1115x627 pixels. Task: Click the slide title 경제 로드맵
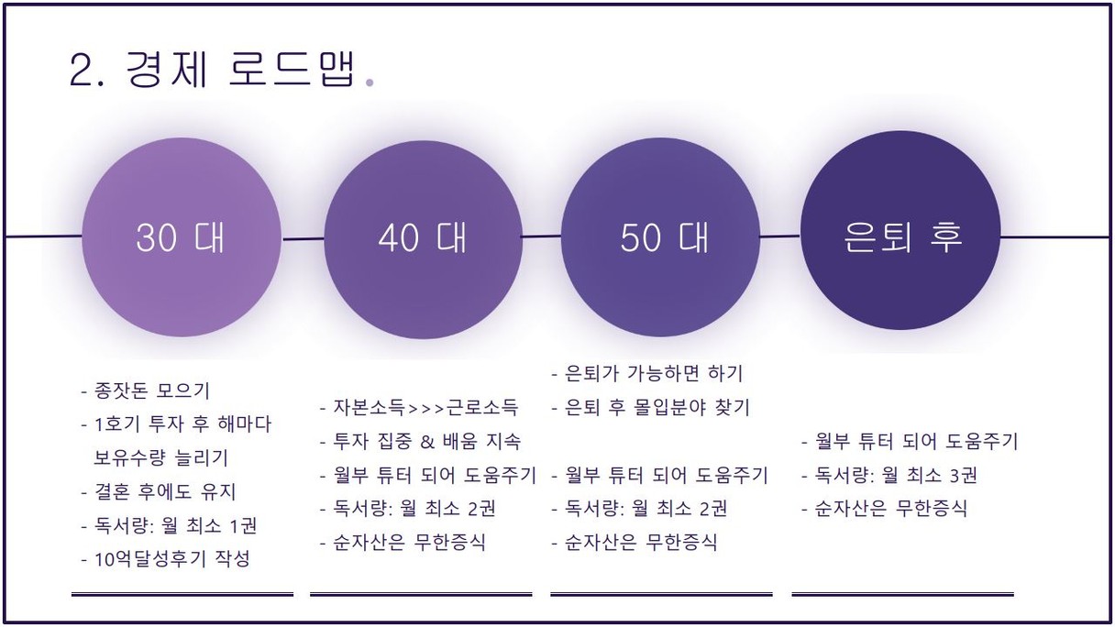click(241, 70)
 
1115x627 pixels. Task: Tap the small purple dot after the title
click(370, 82)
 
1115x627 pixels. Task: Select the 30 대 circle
click(182, 237)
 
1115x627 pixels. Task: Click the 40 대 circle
click(423, 239)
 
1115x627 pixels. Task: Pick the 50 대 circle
click(660, 236)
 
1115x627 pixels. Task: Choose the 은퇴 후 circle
click(900, 230)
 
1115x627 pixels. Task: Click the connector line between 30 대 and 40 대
click(303, 239)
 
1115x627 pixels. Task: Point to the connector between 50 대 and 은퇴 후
click(780, 236)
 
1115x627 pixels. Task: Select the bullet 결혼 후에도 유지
click(159, 491)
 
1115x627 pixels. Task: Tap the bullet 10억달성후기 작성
click(165, 559)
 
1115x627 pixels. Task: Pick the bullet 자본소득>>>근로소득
click(419, 408)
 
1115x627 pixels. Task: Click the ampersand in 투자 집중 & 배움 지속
click(427, 442)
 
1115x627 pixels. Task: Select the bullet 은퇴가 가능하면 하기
click(647, 373)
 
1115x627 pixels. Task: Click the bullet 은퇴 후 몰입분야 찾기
click(651, 408)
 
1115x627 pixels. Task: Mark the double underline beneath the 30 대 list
click(182, 594)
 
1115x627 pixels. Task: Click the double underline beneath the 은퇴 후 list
click(902, 594)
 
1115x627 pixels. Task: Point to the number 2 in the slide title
click(81, 71)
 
